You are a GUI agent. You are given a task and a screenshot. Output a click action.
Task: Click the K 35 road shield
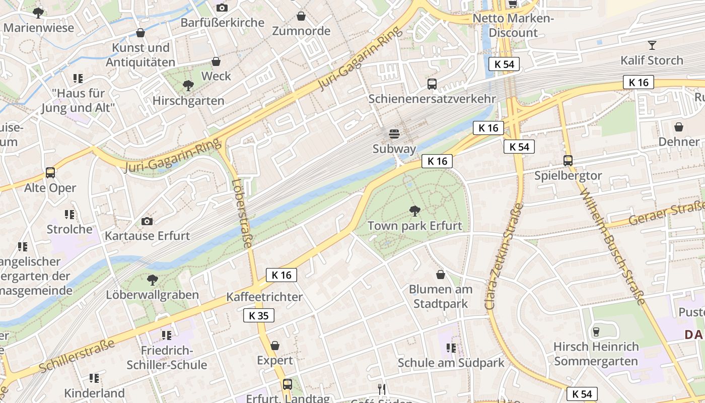pos(259,316)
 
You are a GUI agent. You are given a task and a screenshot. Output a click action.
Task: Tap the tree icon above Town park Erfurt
pos(415,211)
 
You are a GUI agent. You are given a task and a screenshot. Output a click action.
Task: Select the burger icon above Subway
pos(394,134)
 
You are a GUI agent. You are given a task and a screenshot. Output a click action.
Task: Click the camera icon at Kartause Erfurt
pos(147,221)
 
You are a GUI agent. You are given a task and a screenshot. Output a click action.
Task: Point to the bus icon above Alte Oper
pos(50,173)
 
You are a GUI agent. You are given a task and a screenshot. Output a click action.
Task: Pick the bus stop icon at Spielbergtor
pos(568,161)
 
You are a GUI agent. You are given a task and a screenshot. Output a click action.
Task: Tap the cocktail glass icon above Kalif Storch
pos(652,45)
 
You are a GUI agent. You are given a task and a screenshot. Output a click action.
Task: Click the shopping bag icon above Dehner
pos(679,127)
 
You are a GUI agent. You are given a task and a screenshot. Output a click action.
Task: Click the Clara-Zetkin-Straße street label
pos(503,257)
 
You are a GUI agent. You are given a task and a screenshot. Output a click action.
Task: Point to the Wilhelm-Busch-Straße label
pos(612,247)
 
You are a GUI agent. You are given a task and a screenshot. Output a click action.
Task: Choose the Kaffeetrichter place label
pos(264,297)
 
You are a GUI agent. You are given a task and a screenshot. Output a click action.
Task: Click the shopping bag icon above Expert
pos(275,346)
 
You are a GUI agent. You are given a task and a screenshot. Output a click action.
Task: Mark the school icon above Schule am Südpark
pos(451,348)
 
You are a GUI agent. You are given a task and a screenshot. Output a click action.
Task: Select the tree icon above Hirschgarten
pos(188,86)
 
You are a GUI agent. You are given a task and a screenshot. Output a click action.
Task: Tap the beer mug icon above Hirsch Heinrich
pos(596,331)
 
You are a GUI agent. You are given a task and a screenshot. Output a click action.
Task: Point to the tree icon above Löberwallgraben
pos(152,280)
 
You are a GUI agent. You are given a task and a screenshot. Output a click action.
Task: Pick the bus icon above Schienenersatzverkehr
pos(432,84)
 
